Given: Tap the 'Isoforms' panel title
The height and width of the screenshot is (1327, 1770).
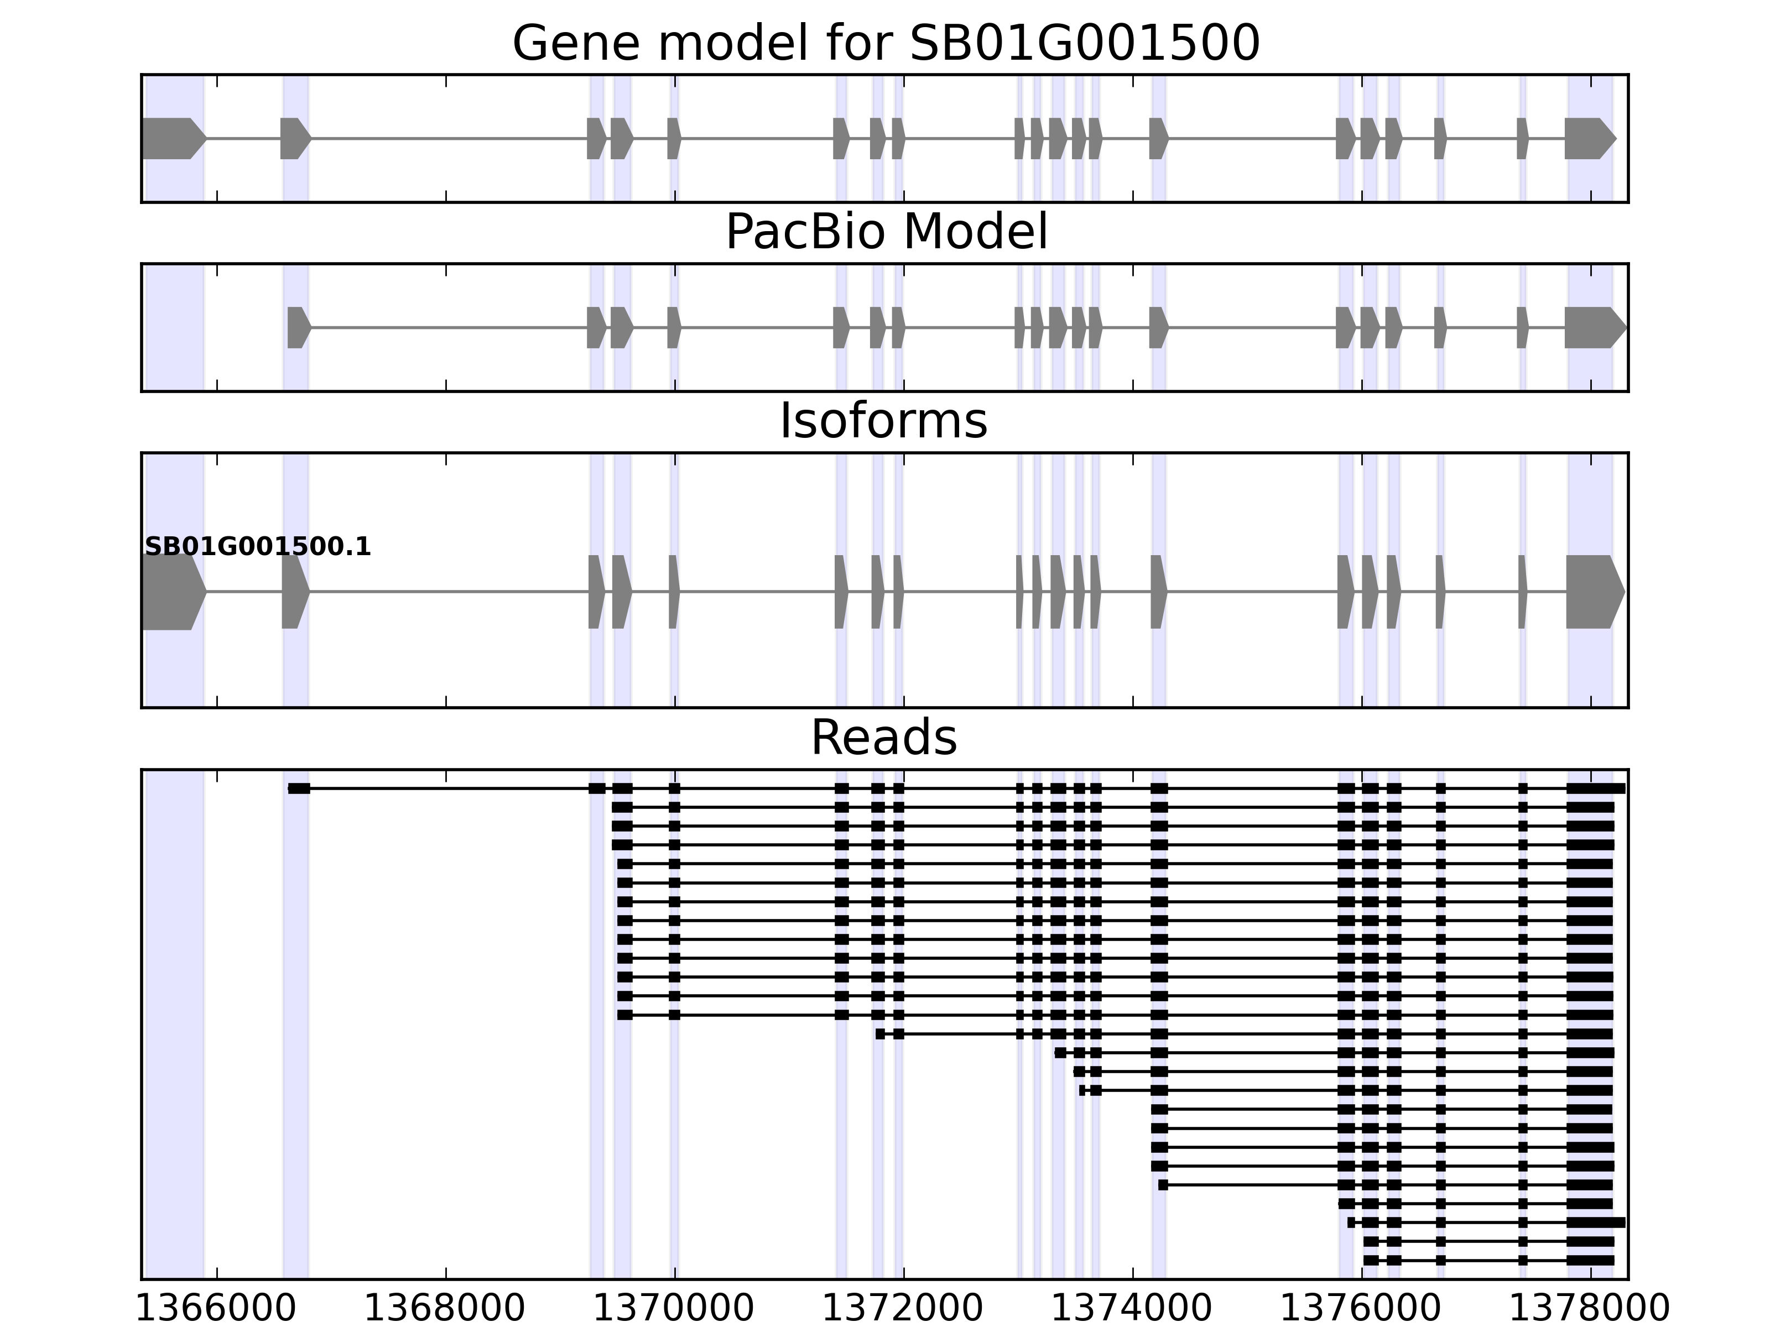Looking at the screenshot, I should pos(883,421).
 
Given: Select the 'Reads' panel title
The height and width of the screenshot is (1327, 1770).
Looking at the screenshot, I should pos(883,738).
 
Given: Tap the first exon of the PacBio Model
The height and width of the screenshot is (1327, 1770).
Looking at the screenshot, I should pos(298,327).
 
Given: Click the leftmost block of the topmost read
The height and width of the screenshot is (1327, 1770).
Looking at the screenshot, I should pos(299,788).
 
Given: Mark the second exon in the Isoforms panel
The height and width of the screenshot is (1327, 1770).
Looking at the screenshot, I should pos(294,592).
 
